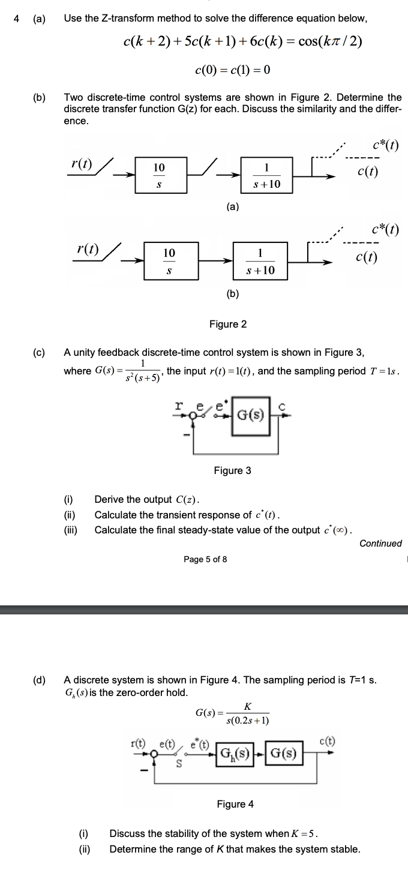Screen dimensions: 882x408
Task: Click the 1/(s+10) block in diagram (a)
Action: click(266, 175)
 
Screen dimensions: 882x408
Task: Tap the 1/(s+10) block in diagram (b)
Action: click(260, 262)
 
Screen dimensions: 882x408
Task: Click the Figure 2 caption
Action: click(228, 324)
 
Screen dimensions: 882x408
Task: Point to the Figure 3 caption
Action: click(233, 470)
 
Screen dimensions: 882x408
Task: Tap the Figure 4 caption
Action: click(235, 804)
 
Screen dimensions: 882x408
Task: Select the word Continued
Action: click(380, 544)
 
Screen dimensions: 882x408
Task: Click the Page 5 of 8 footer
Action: click(205, 559)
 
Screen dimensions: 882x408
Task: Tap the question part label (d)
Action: click(39, 680)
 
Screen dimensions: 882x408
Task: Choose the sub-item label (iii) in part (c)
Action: click(71, 530)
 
